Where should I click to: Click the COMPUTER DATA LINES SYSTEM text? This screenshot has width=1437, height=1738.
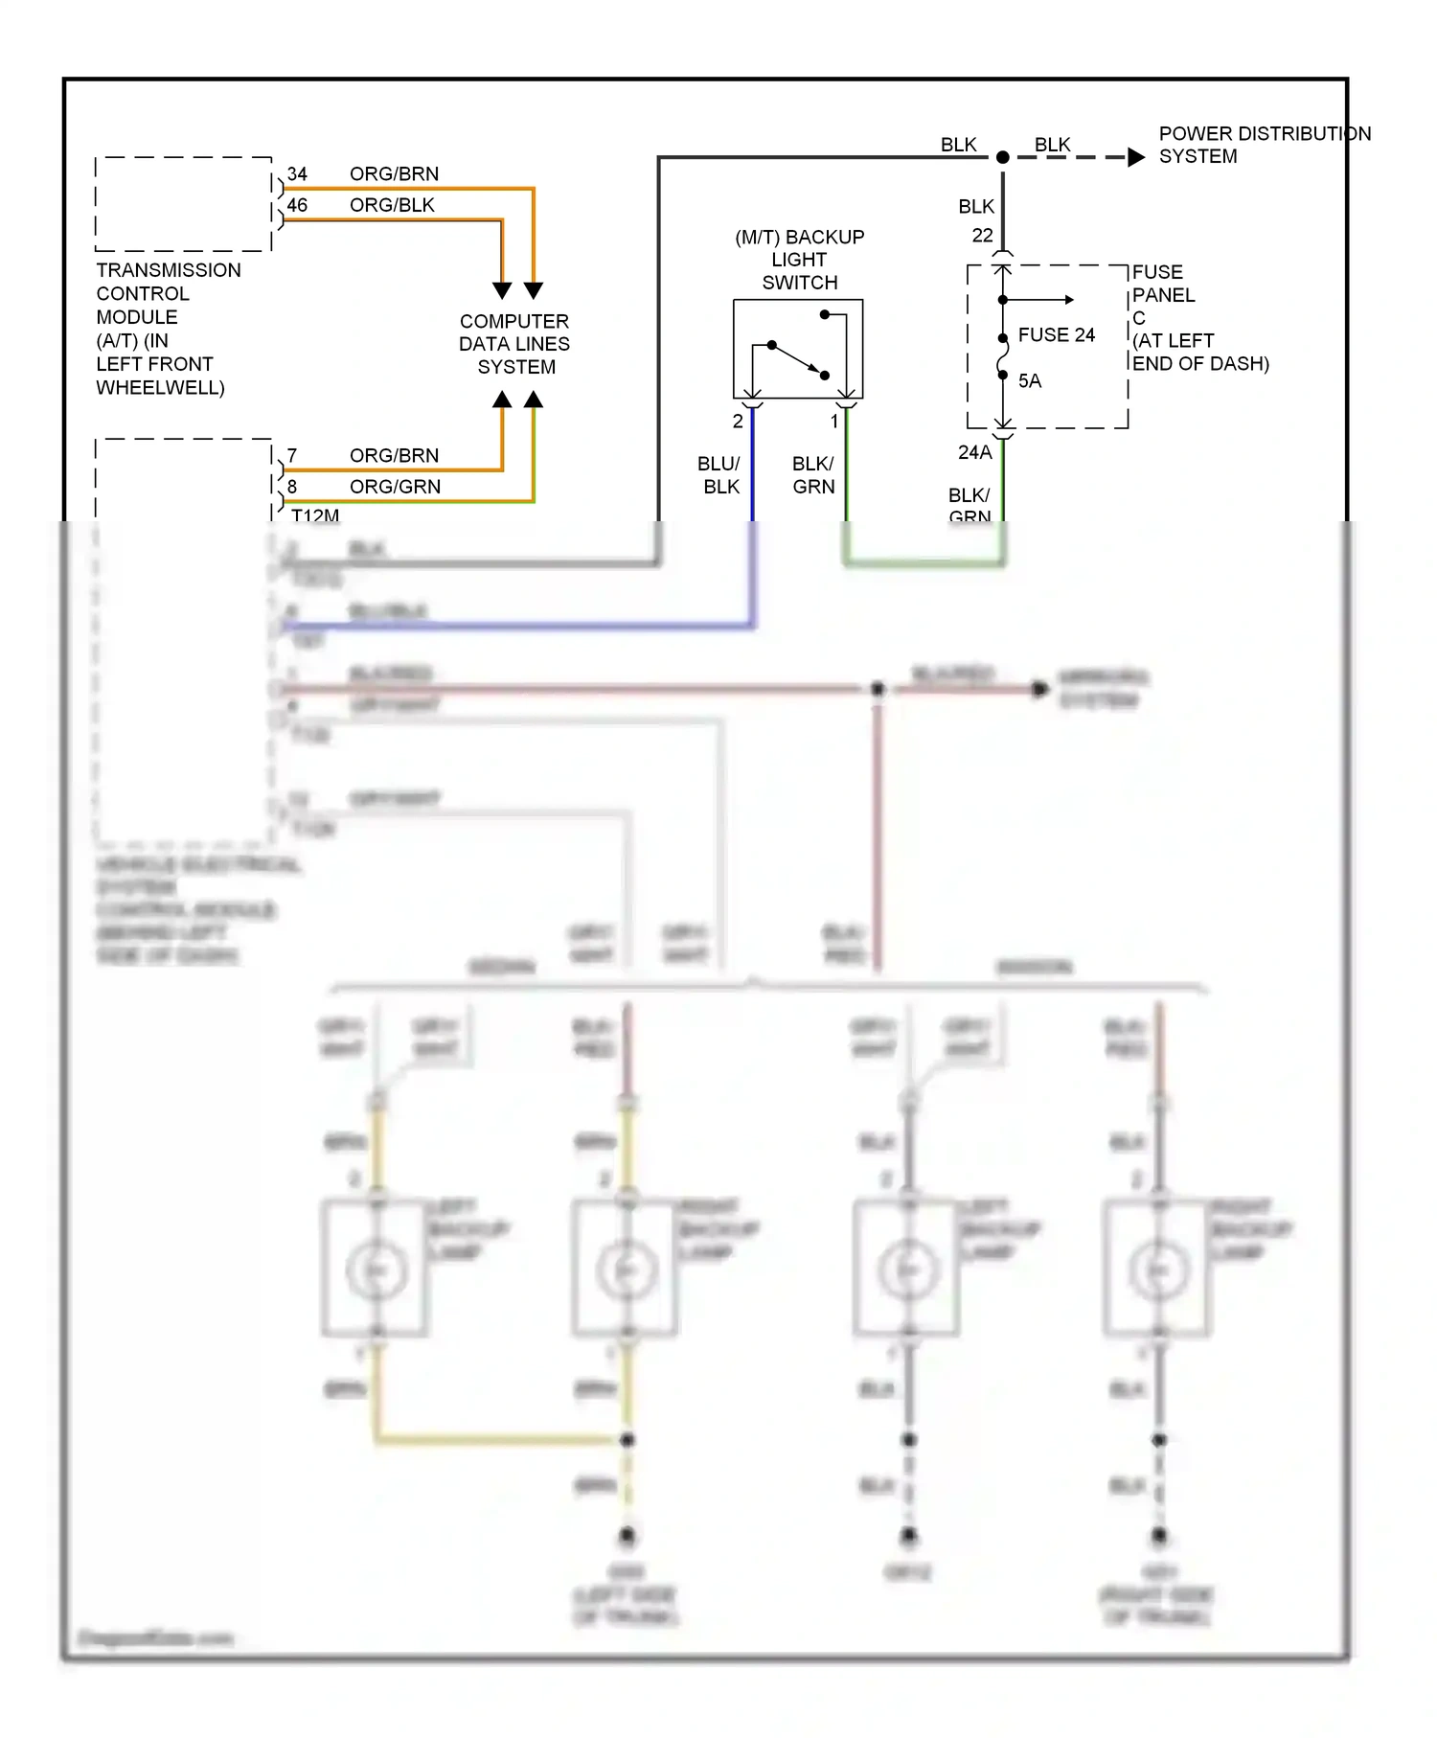point(514,344)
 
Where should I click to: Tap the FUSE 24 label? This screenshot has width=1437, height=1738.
point(1056,334)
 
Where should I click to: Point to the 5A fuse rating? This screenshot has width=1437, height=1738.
point(1029,380)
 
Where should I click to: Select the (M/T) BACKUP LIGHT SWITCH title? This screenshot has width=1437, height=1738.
point(799,260)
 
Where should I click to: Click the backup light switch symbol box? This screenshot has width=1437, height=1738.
point(797,349)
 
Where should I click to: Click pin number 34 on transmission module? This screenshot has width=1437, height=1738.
point(297,173)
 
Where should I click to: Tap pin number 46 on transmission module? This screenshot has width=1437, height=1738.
point(297,205)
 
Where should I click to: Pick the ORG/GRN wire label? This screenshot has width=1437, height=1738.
point(395,487)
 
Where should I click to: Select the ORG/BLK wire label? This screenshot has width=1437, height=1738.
point(392,205)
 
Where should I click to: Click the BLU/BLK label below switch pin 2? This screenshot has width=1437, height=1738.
point(719,475)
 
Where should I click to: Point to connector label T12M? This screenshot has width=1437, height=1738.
point(314,515)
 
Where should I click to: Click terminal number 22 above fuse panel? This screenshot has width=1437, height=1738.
point(982,235)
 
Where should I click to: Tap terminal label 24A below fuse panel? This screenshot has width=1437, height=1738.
point(974,452)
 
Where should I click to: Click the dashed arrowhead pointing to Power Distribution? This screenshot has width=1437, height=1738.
point(1136,157)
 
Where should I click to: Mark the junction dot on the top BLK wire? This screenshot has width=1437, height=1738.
point(1002,157)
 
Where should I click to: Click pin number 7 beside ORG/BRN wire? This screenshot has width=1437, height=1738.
point(291,455)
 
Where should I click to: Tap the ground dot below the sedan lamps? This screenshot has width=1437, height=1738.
point(627,1536)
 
